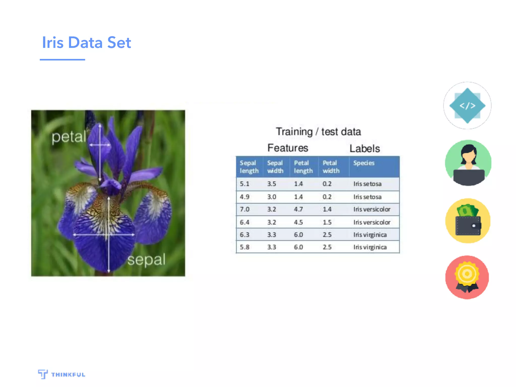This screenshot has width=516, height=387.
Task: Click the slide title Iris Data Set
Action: tap(86, 42)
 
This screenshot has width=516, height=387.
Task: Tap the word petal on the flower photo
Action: tap(69, 137)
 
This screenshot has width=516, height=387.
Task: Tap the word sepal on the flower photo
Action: tap(146, 260)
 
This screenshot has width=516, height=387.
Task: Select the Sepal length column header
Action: tap(249, 167)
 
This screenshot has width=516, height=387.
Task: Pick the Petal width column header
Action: tap(331, 167)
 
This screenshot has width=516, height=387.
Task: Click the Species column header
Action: tap(364, 163)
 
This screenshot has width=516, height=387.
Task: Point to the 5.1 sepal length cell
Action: tap(244, 184)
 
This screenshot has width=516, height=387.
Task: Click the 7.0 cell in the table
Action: tap(244, 209)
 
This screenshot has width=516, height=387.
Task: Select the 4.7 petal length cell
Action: tap(298, 209)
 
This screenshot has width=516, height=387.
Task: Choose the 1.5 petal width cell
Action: tap(327, 222)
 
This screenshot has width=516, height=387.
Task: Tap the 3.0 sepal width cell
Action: tap(272, 197)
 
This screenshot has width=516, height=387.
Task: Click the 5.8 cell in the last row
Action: tap(244, 247)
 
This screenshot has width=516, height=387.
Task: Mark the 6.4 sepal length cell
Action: tap(244, 222)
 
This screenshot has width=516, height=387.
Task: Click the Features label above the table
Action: tap(287, 148)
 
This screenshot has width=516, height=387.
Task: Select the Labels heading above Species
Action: tap(364, 148)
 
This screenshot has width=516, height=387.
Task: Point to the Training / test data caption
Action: tap(318, 132)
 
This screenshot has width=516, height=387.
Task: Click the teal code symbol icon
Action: tap(467, 106)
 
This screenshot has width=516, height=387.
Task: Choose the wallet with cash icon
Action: tap(468, 221)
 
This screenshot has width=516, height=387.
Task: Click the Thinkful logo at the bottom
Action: tap(62, 374)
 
